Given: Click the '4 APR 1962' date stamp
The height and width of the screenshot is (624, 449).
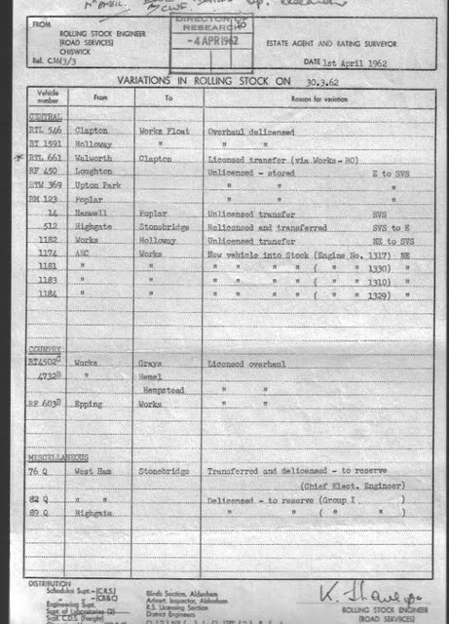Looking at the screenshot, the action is (x=206, y=43).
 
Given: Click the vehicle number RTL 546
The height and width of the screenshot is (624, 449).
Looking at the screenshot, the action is (x=45, y=129).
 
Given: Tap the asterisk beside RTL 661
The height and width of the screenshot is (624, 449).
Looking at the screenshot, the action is (x=18, y=156).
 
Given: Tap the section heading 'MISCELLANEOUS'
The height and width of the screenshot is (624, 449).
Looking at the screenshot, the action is (x=53, y=456).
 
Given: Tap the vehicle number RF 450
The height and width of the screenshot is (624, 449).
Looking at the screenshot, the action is (x=44, y=170).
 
